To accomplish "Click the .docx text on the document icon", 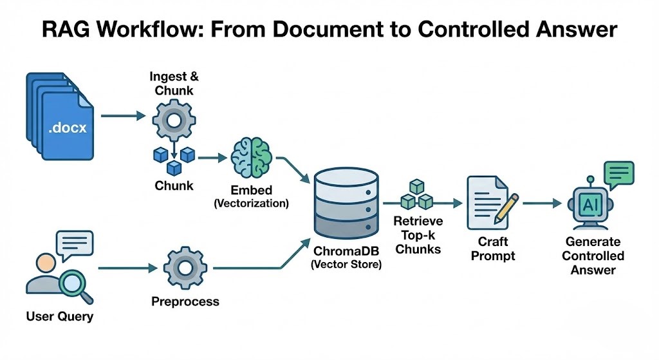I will pyautogui.click(x=67, y=129).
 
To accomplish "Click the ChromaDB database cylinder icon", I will pyautogui.click(x=346, y=203).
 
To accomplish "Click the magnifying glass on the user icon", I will pyautogui.click(x=75, y=284).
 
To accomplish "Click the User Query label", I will pyautogui.click(x=59, y=316).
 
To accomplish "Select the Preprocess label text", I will pyautogui.click(x=185, y=301).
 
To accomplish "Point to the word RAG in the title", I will pyautogui.click(x=67, y=30).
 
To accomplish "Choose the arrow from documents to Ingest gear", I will pyautogui.click(x=122, y=117).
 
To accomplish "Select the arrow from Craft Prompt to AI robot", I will pyautogui.click(x=541, y=204).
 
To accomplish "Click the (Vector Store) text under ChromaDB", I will pyautogui.click(x=346, y=264).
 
